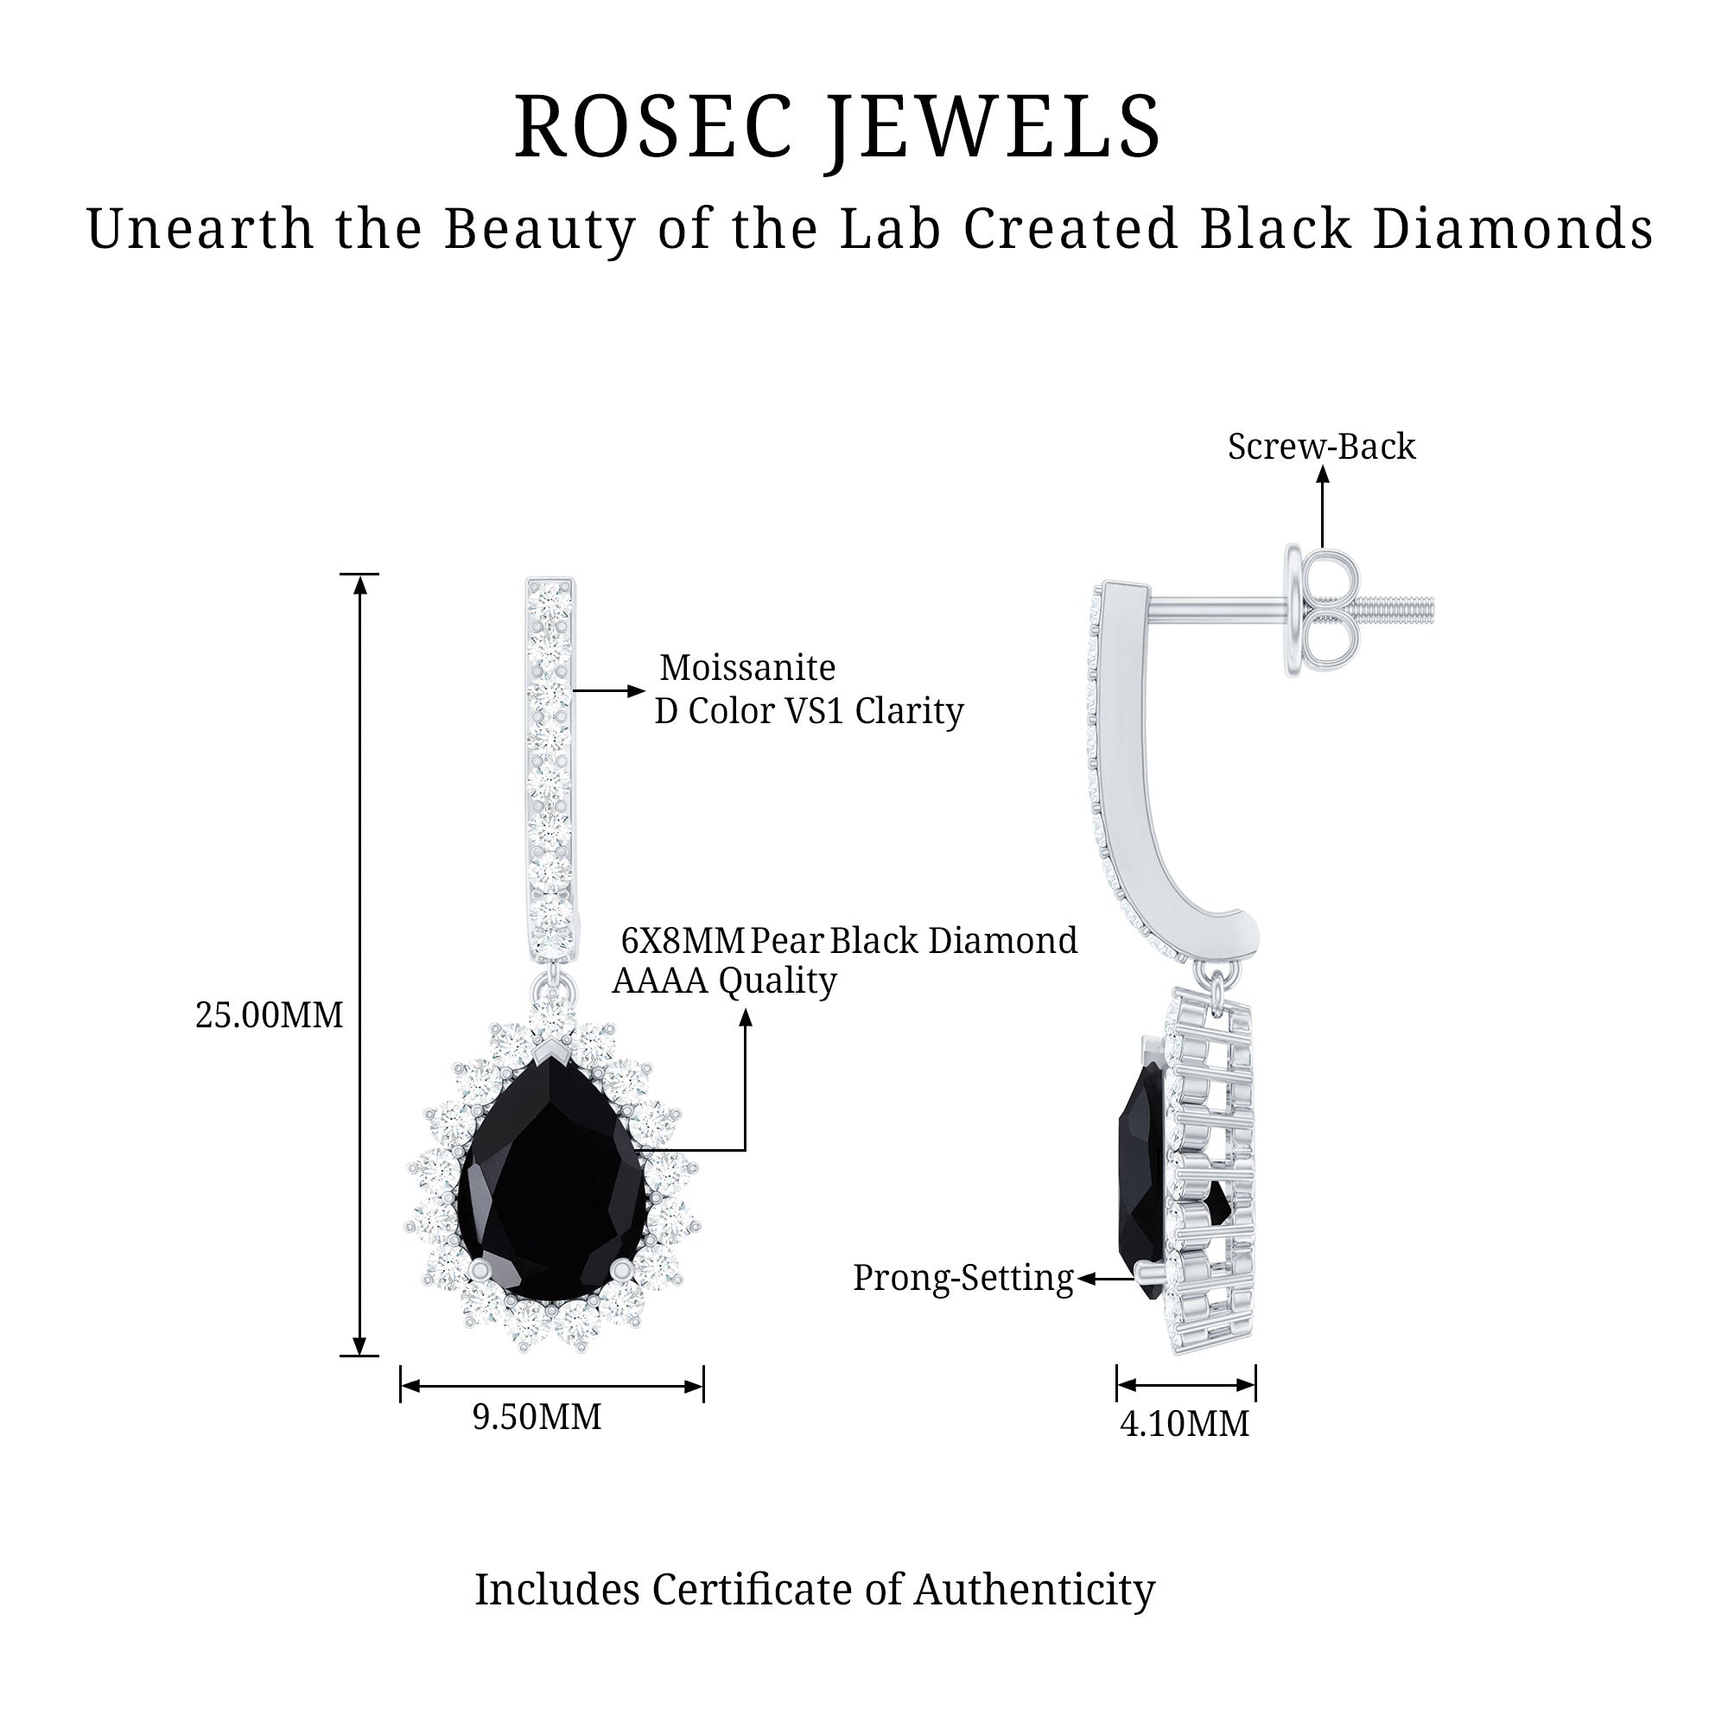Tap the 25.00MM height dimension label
(270, 1016)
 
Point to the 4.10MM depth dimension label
(1185, 1424)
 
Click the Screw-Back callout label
(1321, 448)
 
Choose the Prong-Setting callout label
(962, 1278)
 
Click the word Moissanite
(746, 668)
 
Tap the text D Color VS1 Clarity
(809, 712)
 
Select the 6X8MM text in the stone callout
(683, 941)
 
